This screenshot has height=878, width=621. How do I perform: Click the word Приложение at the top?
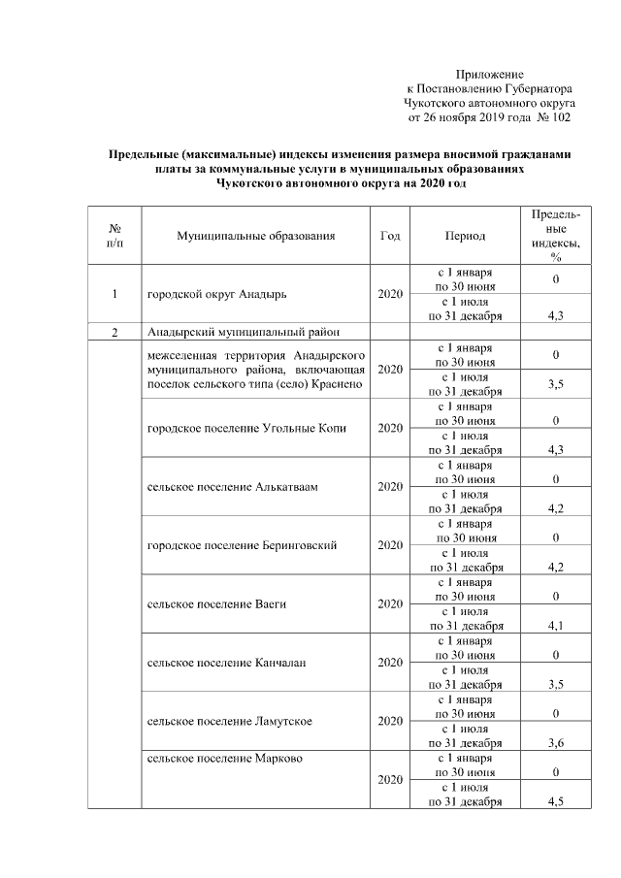(x=489, y=74)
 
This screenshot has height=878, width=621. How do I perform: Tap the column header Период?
(x=465, y=236)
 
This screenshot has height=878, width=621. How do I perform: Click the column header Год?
(x=390, y=236)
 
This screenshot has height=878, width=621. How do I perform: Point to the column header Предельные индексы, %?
(x=556, y=236)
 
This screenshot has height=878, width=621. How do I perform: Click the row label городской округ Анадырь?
(x=216, y=293)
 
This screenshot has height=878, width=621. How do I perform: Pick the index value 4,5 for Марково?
(x=556, y=801)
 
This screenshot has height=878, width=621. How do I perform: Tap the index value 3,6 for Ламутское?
(x=556, y=743)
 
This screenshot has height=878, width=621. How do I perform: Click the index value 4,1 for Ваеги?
(x=556, y=626)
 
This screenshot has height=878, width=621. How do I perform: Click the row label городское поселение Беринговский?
(x=241, y=545)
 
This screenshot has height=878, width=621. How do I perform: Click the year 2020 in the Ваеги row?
(x=390, y=604)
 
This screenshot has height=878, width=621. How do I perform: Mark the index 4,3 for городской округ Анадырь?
(x=556, y=315)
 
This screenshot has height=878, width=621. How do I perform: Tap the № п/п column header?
(x=114, y=236)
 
